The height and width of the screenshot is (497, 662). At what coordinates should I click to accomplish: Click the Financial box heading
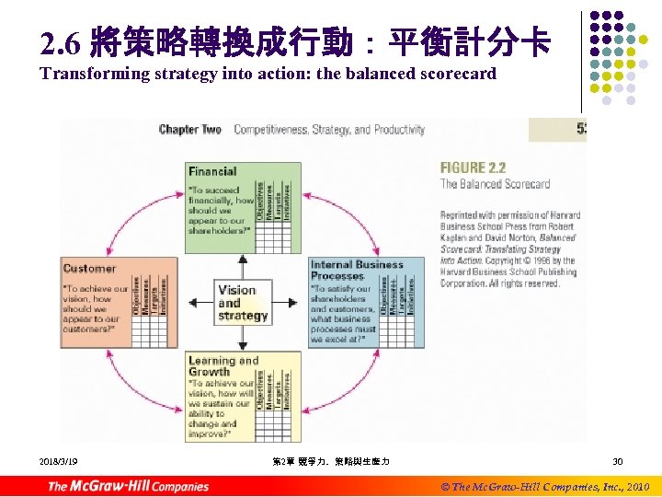tap(212, 171)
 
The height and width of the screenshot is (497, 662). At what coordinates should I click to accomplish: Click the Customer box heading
tap(89, 269)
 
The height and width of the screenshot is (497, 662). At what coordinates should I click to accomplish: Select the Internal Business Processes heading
tap(356, 270)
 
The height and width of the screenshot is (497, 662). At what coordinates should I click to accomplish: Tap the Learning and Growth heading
tap(223, 366)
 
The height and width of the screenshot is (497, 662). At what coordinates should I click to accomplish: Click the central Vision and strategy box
tap(243, 303)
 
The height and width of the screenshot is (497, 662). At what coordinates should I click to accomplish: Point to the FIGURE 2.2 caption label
tap(474, 168)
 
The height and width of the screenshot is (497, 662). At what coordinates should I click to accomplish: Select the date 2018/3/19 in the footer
tap(59, 460)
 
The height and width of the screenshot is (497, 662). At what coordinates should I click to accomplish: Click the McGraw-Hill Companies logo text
tap(129, 486)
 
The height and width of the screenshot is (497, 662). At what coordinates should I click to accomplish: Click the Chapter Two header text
tap(190, 130)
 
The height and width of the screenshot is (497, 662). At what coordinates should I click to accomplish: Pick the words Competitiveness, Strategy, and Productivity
tap(329, 130)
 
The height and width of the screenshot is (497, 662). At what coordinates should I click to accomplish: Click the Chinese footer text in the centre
tap(331, 460)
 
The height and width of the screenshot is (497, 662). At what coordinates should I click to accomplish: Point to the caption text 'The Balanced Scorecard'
tap(495, 184)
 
